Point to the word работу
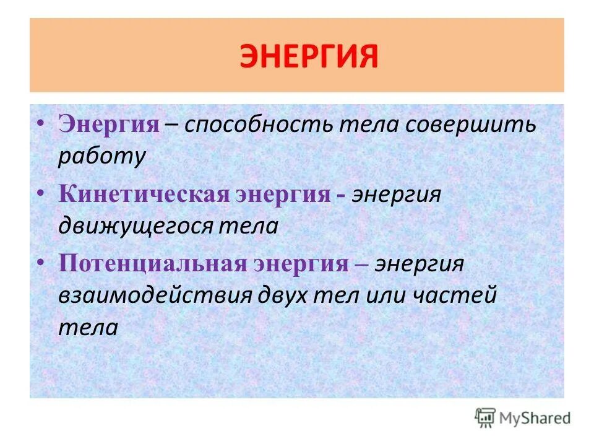[101, 157]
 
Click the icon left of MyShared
[486, 418]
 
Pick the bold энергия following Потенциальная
[301, 264]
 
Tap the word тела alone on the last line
[88, 327]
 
